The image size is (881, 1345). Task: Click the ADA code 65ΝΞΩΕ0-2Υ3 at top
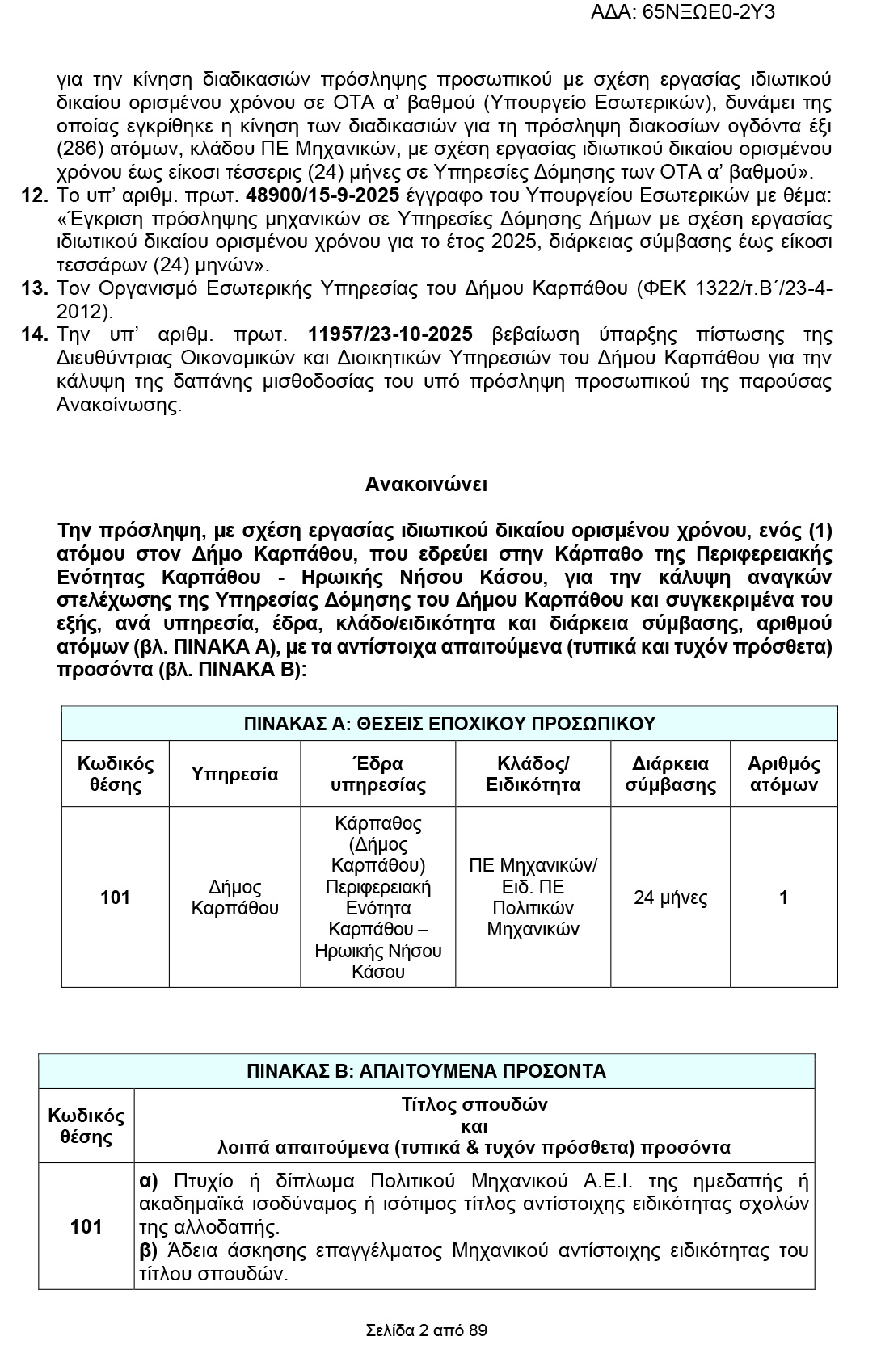pos(683,12)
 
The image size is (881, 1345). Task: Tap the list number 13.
pos(36,288)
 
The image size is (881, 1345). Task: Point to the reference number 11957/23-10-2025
pos(400,335)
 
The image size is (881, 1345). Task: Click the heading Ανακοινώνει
pos(426,485)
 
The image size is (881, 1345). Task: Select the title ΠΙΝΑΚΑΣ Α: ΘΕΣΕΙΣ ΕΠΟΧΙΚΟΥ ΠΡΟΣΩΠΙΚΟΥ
pos(449,724)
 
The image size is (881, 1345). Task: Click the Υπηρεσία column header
pos(234,774)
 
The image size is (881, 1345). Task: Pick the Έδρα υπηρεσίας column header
pos(377,774)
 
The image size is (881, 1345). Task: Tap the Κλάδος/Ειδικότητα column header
pos(533,774)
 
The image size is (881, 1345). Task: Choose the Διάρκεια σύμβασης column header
pos(670,774)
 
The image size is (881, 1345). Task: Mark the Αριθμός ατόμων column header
pos(783,774)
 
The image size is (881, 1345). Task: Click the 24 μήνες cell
pos(670,897)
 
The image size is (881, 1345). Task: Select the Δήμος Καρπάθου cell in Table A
pos(234,897)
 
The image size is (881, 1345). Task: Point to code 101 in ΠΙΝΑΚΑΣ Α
pos(115,897)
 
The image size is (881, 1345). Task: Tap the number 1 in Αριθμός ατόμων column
pos(783,897)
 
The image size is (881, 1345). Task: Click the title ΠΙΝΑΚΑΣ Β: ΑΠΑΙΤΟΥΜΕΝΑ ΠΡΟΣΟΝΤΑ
pos(426,1071)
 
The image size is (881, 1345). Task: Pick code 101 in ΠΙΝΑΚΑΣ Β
pos(86,1227)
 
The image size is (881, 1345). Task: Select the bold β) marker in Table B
pos(149,1250)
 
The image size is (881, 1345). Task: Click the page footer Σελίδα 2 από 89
pos(426,1330)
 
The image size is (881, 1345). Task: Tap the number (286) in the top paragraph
pos(78,149)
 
